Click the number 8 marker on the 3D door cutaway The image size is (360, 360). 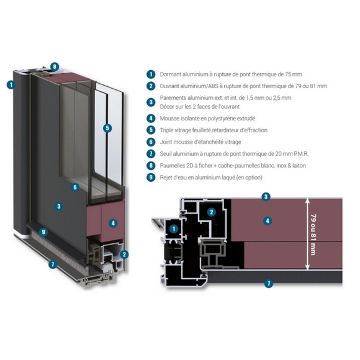(55, 67)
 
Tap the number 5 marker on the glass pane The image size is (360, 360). (107, 128)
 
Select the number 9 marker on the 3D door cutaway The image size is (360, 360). (43, 232)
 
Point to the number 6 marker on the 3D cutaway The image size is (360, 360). (75, 187)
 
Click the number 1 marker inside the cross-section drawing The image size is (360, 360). (174, 228)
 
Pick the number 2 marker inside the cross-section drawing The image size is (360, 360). (212, 212)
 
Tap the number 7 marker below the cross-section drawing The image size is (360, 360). (269, 283)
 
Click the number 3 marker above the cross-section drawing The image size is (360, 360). (266, 197)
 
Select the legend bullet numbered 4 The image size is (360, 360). (151, 119)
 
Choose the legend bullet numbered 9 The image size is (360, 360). (151, 178)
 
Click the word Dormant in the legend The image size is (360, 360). (169, 74)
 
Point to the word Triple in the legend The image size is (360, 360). (166, 130)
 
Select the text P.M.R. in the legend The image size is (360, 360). (301, 154)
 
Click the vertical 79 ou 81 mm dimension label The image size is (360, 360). (313, 235)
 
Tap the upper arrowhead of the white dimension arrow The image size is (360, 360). (307, 200)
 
